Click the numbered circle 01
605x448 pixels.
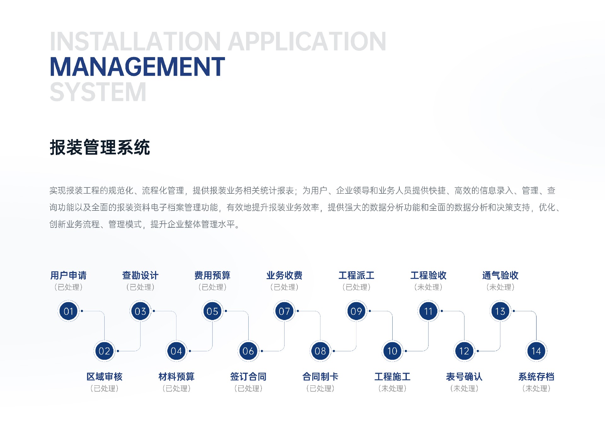pos(68,311)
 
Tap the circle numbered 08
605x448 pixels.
pos(320,351)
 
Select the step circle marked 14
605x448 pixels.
pos(536,351)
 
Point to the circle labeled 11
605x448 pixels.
pos(428,311)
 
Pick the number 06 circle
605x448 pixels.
pos(248,351)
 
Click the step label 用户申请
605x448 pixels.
pos(68,275)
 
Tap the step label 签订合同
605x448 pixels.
pos(248,376)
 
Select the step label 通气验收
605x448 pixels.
pos(500,275)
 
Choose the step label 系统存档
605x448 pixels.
pos(536,376)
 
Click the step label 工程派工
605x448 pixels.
pos(356,275)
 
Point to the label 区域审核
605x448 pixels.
pos(104,376)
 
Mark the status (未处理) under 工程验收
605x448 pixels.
pos(428,287)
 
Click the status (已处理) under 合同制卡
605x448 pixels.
pos(320,388)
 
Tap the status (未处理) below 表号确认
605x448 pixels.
pos(464,388)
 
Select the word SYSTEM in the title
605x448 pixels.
pos(98,92)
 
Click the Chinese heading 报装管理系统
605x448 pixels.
pos(100,147)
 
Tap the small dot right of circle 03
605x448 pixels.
pos(154,311)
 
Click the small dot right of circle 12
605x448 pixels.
pos(478,351)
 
